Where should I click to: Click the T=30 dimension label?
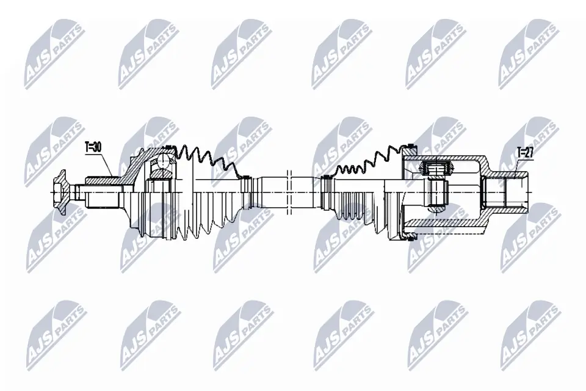point(93,147)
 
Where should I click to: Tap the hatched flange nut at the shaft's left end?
point(60,191)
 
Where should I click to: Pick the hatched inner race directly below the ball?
point(161,175)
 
